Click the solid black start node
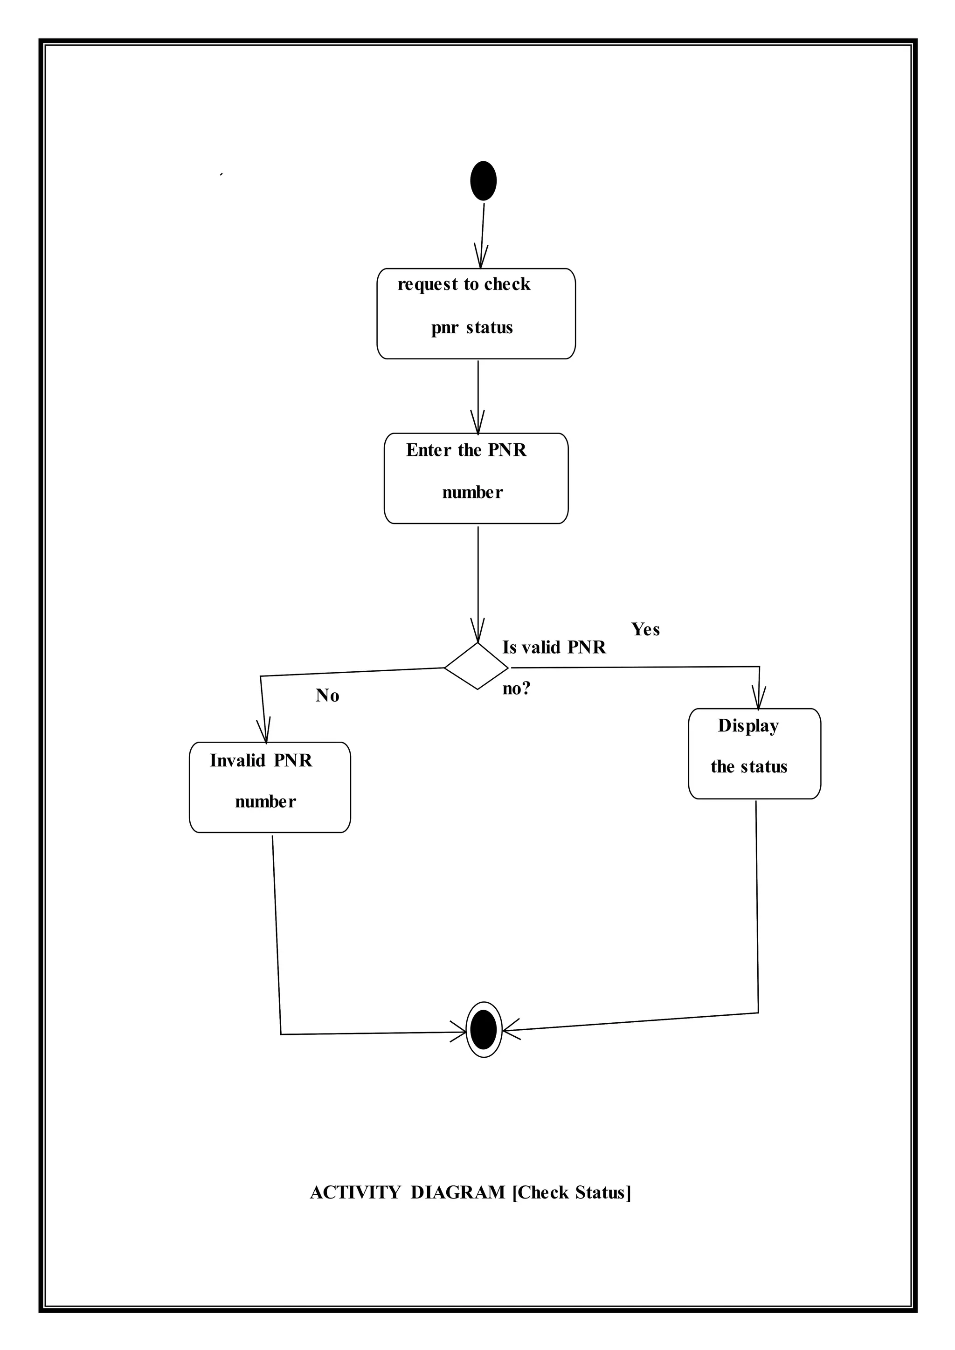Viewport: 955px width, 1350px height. [x=484, y=181]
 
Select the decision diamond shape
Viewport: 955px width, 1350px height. [x=476, y=666]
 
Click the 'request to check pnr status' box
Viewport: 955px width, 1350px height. [x=476, y=313]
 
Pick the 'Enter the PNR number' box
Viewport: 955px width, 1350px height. [x=476, y=478]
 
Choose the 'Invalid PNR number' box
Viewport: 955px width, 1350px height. [x=270, y=787]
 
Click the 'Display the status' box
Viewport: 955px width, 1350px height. [x=754, y=753]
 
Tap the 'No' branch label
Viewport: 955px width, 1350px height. [x=327, y=696]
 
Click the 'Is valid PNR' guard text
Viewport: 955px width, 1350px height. [x=554, y=647]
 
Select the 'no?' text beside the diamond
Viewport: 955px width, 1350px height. [x=516, y=689]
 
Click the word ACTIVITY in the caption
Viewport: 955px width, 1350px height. [x=354, y=1192]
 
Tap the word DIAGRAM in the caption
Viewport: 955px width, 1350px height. [x=457, y=1192]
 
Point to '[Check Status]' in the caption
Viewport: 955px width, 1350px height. [x=572, y=1192]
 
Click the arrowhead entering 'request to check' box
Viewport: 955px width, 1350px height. [x=481, y=259]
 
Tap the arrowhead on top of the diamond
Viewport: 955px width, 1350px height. [x=477, y=632]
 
